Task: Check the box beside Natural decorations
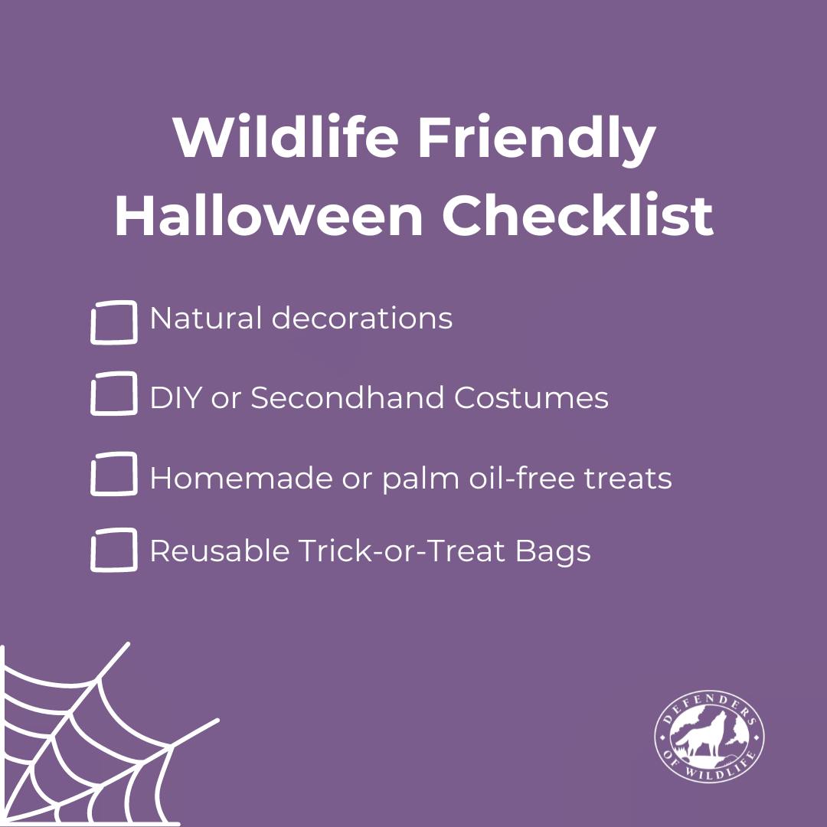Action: coord(113,322)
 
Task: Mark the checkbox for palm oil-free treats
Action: coord(113,474)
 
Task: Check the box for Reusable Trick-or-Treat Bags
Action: coord(113,550)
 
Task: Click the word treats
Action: coord(629,479)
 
